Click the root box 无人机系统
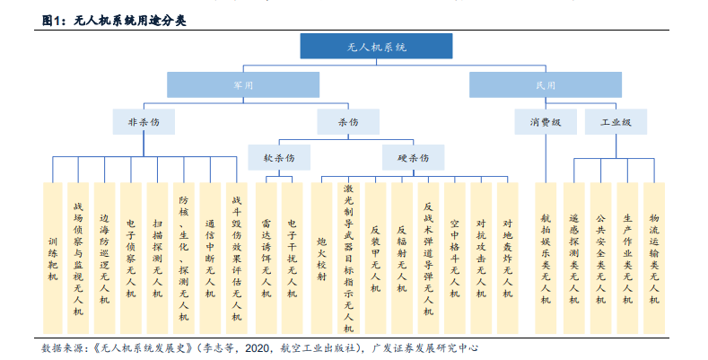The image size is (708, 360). (376, 46)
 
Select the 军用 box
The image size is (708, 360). (243, 85)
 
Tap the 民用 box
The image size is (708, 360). (546, 85)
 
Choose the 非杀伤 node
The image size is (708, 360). (144, 122)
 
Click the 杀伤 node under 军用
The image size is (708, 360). (348, 122)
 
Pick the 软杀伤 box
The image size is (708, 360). (279, 158)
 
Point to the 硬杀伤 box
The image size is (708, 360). (413, 158)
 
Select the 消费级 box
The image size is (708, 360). (546, 122)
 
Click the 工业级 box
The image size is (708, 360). (616, 122)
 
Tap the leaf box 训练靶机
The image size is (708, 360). (53, 259)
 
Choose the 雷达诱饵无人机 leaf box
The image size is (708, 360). (266, 259)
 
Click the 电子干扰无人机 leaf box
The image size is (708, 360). (293, 259)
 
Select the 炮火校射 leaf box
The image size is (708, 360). (321, 259)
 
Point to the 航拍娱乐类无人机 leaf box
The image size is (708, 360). (546, 259)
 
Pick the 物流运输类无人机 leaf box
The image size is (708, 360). (654, 259)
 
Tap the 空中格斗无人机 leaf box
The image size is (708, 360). (455, 259)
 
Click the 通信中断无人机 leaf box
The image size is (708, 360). (210, 259)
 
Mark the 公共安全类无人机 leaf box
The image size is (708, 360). (600, 259)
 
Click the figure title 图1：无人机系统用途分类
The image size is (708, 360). (114, 21)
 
